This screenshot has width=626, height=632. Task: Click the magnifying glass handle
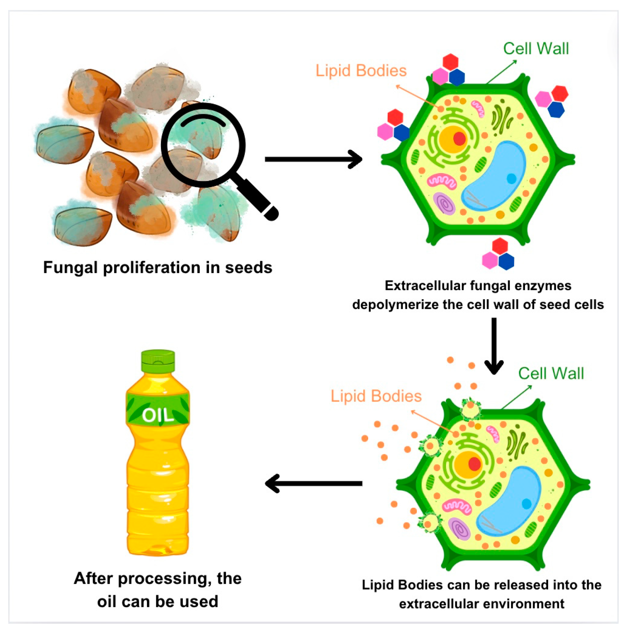[258, 200]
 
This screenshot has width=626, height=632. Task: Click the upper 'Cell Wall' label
[536, 49]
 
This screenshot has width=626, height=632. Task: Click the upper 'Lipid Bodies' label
[361, 71]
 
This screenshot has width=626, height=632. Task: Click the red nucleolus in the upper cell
[459, 139]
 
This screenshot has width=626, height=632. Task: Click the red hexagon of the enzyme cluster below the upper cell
[500, 245]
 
